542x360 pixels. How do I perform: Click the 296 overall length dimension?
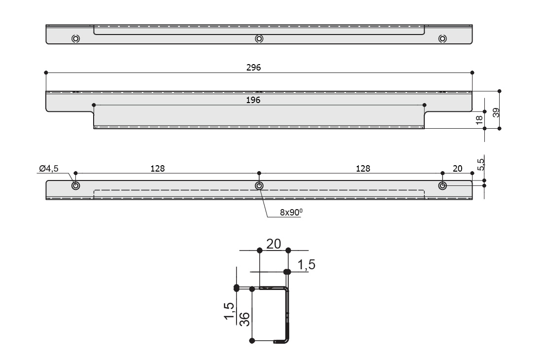point(253,68)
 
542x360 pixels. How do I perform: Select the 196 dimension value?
point(253,100)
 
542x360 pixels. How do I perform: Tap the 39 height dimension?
point(496,113)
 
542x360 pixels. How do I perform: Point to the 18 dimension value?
point(479,120)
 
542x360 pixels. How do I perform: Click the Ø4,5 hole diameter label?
point(49,169)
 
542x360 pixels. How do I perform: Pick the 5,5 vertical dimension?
point(481,164)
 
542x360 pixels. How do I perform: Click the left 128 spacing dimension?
point(158,169)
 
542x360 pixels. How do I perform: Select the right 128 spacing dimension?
point(363,169)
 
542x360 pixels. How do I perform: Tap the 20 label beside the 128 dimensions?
point(457,169)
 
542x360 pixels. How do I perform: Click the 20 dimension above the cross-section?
point(273,244)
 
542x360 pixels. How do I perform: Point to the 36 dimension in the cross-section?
point(244,319)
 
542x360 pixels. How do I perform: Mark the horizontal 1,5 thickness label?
point(306,264)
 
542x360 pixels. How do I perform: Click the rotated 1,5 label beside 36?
point(229,311)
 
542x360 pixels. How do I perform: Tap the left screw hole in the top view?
point(76,38)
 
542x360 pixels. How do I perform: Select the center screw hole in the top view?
point(259,38)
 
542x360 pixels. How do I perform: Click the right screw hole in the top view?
point(442,38)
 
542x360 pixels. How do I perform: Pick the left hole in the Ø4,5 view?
point(76,186)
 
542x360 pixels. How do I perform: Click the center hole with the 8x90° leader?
point(259,186)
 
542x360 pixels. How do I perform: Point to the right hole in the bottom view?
point(442,186)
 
